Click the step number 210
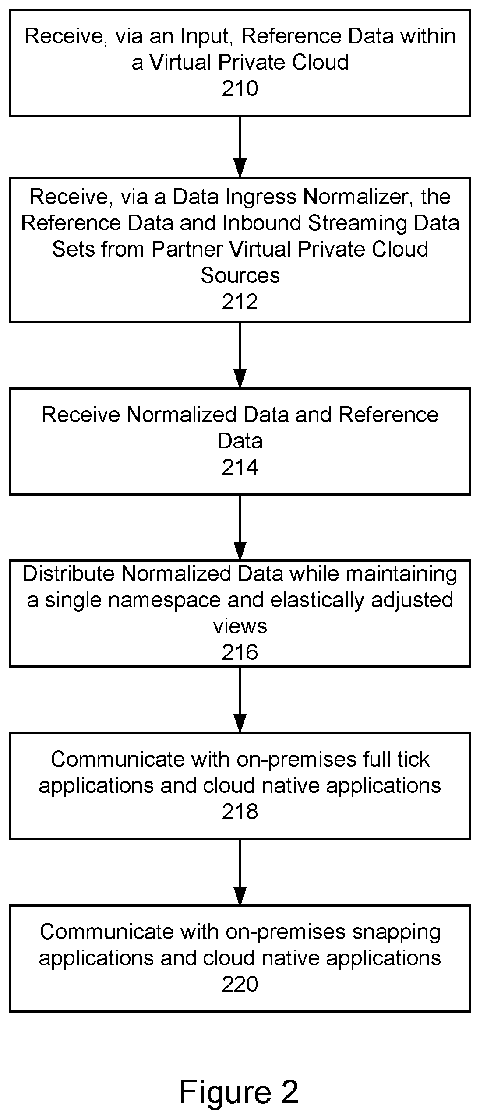[240, 89]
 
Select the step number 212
[240, 302]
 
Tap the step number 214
[240, 468]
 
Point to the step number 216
[240, 653]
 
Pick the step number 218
[240, 812]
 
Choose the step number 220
[240, 985]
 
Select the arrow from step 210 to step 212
[240, 147]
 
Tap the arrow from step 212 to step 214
[240, 355]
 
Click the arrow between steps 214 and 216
[240, 528]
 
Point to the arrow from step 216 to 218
[240, 700]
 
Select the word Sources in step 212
[240, 276]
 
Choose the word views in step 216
[240, 626]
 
